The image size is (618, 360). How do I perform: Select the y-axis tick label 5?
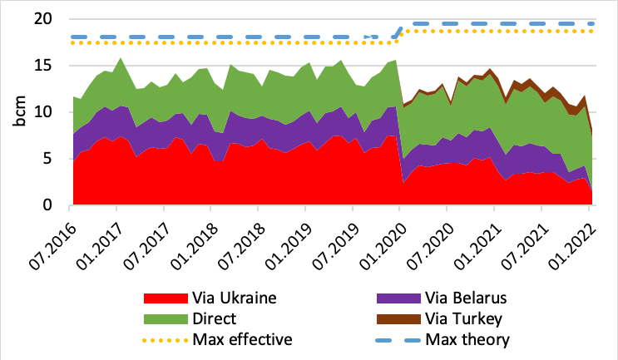coord(55,159)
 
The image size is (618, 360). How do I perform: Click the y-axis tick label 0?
coord(55,205)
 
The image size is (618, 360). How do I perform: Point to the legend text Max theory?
coord(467,339)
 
